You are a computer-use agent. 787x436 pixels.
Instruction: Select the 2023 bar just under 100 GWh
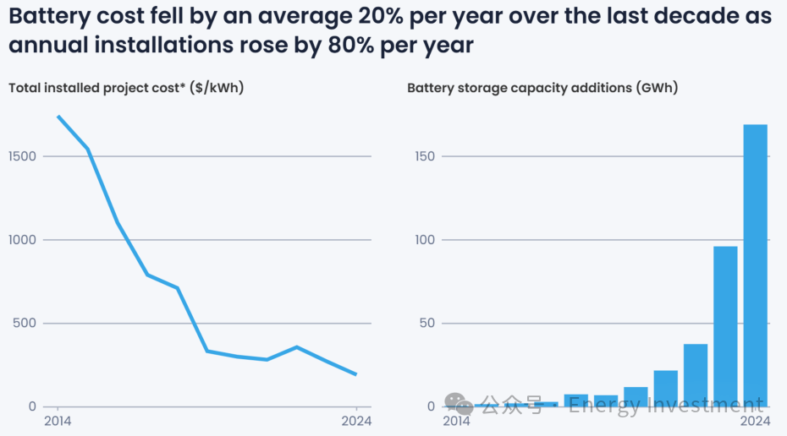point(725,326)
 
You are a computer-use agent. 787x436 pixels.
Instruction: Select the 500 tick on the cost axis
point(26,323)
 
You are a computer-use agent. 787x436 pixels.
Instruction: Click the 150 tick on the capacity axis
point(428,156)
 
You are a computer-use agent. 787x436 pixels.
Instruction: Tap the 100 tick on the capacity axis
point(428,240)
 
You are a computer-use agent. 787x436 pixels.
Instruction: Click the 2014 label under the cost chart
point(58,422)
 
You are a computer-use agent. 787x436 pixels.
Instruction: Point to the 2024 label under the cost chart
point(356,422)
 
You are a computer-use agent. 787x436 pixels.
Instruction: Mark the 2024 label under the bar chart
point(754,422)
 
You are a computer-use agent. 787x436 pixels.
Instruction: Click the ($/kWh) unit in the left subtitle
point(217,87)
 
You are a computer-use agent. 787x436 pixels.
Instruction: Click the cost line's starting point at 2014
point(58,117)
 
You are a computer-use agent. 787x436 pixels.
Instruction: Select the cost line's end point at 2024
point(356,374)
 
